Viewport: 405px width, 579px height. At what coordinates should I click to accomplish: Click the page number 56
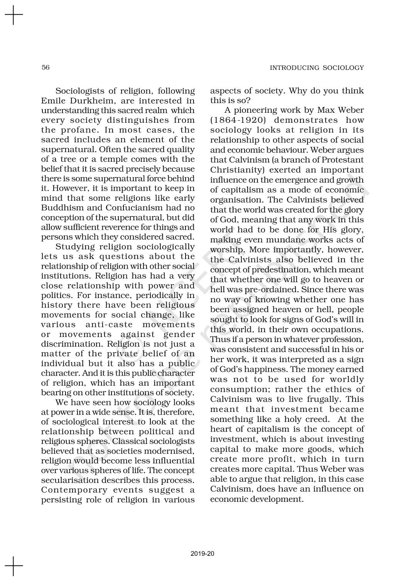pos(46,68)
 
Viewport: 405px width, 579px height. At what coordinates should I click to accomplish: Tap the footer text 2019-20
pos(202,554)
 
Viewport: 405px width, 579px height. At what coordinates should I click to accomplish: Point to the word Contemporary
pos(74,490)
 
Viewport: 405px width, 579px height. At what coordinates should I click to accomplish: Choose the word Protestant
pos(343,160)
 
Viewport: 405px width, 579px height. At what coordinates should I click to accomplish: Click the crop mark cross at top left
pos(14,15)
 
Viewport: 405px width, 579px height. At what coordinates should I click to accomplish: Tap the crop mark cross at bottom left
pos(14,566)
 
